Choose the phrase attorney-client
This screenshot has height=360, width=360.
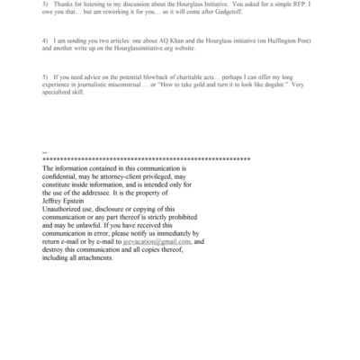coord(133,176)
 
